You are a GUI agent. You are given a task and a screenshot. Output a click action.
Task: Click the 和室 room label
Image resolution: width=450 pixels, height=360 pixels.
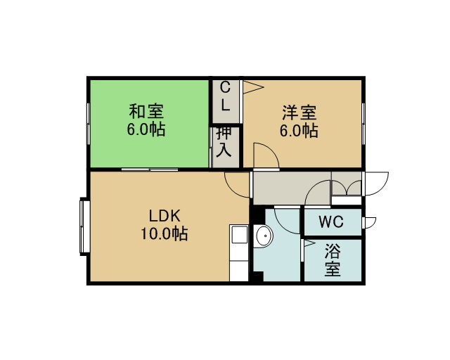tap(146, 111)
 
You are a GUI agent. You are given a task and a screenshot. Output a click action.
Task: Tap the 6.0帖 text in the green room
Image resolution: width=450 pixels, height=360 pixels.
tap(146, 129)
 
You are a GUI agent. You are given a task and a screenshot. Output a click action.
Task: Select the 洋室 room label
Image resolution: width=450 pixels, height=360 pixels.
tap(300, 112)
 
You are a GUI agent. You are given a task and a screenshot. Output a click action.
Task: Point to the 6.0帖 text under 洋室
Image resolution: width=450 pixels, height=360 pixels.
tap(299, 131)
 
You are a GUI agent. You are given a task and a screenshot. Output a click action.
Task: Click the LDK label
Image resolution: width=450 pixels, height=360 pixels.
tap(165, 216)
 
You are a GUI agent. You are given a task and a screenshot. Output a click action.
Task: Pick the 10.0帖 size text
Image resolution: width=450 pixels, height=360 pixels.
tap(164, 233)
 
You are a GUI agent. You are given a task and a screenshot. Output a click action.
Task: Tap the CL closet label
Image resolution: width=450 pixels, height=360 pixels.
tap(226, 96)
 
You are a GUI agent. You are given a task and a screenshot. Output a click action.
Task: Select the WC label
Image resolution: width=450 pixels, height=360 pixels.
tap(331, 222)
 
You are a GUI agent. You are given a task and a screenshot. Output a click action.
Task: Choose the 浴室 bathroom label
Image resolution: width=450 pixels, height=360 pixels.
tap(333, 260)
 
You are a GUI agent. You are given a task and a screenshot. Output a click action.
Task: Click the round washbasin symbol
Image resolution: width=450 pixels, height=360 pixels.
tap(263, 236)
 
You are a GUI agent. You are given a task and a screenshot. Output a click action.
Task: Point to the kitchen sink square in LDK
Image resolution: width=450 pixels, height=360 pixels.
tap(239, 234)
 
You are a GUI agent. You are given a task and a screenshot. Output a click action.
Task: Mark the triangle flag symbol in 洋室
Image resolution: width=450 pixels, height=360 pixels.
tap(253, 87)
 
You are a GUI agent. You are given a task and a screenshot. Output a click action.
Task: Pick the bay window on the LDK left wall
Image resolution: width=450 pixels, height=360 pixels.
tap(84, 226)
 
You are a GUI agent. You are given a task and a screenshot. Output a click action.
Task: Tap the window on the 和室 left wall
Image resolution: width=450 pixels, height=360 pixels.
tap(89, 124)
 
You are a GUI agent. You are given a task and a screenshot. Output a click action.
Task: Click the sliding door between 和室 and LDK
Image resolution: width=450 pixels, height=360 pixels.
tap(150, 169)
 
